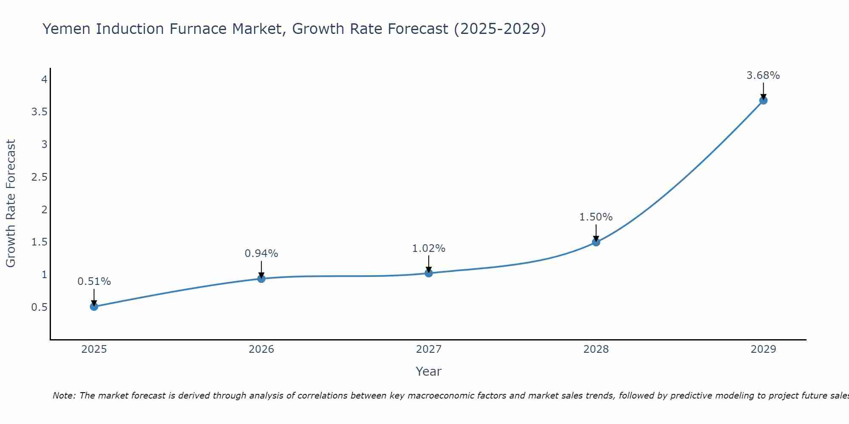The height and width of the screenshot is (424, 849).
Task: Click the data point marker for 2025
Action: pos(94,307)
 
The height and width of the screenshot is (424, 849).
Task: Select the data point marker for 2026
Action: pos(261,279)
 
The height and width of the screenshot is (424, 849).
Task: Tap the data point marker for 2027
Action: pos(429,273)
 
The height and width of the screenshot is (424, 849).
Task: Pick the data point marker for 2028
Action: pos(596,242)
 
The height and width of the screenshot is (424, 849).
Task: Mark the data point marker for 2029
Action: pos(763,100)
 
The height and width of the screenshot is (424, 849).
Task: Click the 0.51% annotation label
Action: pos(94,282)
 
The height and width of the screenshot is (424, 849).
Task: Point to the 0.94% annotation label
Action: pos(261,254)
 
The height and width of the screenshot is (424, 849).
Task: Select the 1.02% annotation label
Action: pos(429,248)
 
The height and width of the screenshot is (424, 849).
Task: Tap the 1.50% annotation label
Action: pos(596,217)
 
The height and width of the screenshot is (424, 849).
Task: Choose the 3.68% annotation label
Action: pos(763,75)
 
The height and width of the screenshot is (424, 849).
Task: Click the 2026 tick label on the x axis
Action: pos(261,349)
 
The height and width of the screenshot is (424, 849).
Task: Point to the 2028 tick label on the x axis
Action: pos(596,349)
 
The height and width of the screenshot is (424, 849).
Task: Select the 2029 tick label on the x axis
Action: pos(763,349)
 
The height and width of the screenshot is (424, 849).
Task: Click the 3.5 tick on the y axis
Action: pos(39,112)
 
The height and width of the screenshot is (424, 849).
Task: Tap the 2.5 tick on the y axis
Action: pos(39,177)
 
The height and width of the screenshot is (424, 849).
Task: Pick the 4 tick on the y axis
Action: pos(44,79)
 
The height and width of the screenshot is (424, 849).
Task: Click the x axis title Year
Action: pos(429,371)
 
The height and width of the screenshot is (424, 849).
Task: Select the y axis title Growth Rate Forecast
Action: pos(11,204)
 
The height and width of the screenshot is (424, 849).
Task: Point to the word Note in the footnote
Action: pos(63,396)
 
